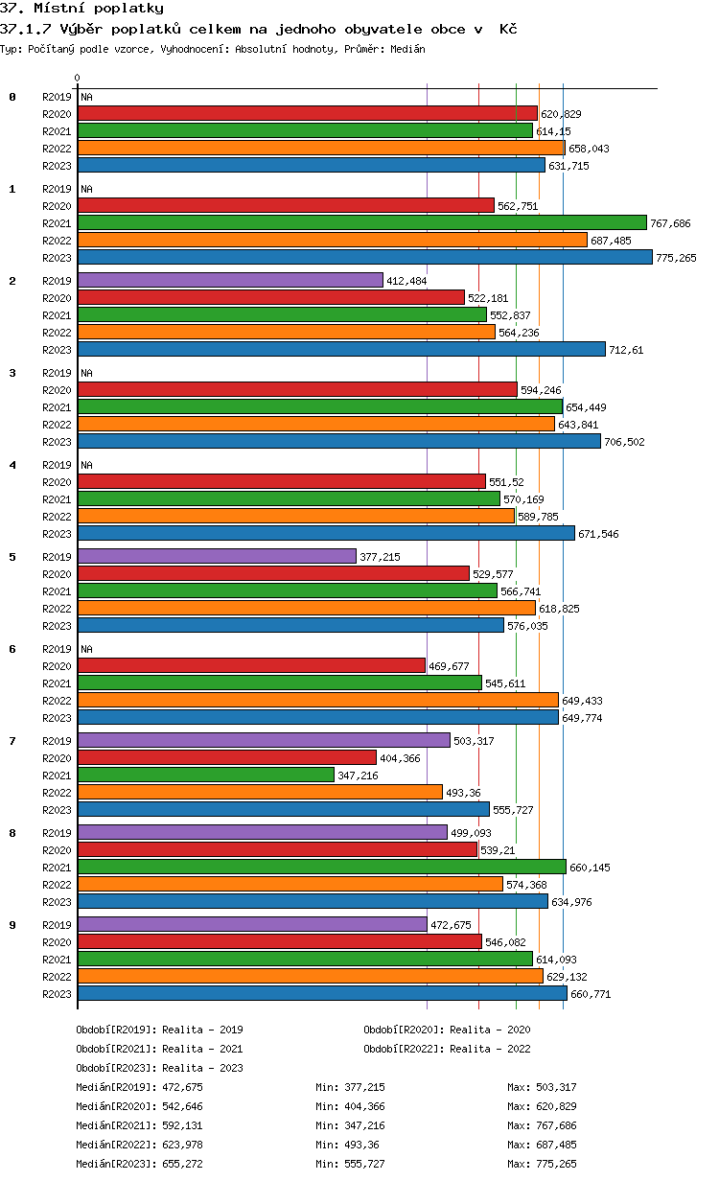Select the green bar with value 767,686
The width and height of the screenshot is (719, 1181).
[x=362, y=222]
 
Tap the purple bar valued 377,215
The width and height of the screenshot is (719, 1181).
[x=217, y=556]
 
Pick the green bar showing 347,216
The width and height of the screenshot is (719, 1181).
[x=206, y=775]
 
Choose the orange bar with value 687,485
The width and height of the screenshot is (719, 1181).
[x=333, y=240]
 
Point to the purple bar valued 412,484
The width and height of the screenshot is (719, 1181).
[x=230, y=280]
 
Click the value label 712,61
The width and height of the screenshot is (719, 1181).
[x=626, y=350]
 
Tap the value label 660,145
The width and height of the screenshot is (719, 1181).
[x=591, y=868]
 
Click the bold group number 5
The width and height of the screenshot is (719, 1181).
[x=12, y=556]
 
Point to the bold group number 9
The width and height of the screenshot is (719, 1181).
[x=12, y=924]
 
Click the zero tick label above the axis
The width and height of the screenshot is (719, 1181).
[x=78, y=78]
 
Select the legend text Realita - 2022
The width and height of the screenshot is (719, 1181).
[x=490, y=1049]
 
